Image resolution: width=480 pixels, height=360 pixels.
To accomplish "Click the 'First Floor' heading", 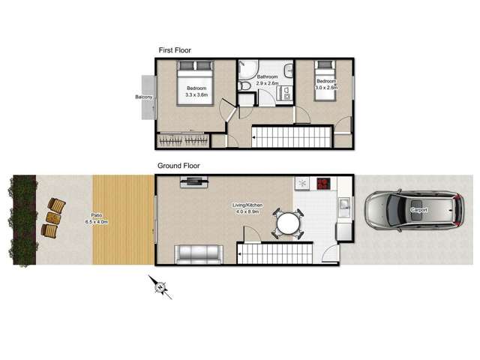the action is [x=175, y=50].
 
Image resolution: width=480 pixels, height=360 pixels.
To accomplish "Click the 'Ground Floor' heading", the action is [x=178, y=166].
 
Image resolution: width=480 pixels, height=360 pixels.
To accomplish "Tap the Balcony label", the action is [x=143, y=97].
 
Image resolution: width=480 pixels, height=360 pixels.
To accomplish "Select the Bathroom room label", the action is [x=267, y=76].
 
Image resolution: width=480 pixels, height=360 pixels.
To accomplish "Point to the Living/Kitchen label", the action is [x=247, y=205].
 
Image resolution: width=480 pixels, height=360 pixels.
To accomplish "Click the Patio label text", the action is [x=97, y=215].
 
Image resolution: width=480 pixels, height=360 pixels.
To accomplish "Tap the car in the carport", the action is [x=414, y=210].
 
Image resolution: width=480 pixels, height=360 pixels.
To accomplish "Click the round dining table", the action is [x=287, y=223].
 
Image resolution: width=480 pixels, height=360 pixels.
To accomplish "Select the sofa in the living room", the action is [x=199, y=254].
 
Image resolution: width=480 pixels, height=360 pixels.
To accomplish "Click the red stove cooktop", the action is [x=322, y=184].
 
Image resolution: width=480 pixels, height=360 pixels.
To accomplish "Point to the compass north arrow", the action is [x=160, y=287].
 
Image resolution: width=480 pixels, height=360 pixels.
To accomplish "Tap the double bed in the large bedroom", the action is [x=195, y=83].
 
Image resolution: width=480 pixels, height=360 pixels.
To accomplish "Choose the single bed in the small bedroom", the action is [x=325, y=80].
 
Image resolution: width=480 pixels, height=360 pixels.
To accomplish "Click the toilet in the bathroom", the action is [x=244, y=85].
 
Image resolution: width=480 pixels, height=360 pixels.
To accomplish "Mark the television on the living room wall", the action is [x=194, y=181].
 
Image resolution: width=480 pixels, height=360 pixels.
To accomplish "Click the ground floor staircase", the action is [x=275, y=253].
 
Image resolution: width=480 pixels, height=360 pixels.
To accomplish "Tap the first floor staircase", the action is [x=292, y=137].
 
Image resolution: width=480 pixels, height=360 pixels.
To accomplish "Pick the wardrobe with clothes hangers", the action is [x=183, y=140].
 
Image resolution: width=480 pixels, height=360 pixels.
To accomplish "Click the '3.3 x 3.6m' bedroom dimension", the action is [x=196, y=95].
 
